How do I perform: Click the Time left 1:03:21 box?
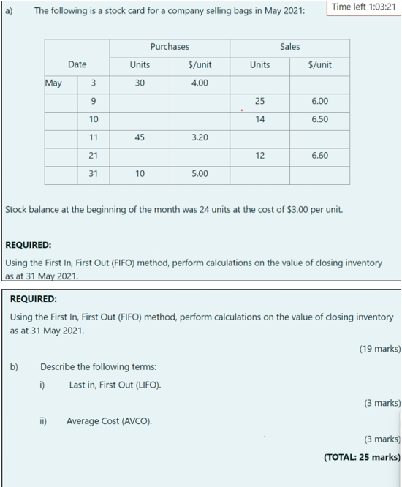click(x=363, y=7)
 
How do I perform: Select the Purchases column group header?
click(x=170, y=46)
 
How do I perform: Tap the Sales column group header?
click(x=289, y=46)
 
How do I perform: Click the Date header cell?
click(x=77, y=64)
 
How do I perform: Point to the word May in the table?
click(x=53, y=83)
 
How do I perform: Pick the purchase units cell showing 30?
click(x=140, y=83)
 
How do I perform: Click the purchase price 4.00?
click(x=200, y=83)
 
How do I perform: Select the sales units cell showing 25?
click(x=259, y=101)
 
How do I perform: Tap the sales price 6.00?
click(x=319, y=101)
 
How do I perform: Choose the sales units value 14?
click(x=259, y=119)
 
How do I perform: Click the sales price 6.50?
click(x=319, y=119)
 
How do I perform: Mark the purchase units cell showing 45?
click(x=140, y=137)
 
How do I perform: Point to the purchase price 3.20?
click(x=200, y=137)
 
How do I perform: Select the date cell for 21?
click(x=94, y=156)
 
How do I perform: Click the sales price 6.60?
click(x=319, y=156)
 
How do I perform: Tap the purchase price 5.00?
click(x=200, y=174)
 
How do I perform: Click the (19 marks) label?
click(x=380, y=349)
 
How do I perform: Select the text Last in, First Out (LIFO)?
click(x=115, y=385)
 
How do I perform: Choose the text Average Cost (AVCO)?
click(x=109, y=420)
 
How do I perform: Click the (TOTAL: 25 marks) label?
click(x=362, y=457)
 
